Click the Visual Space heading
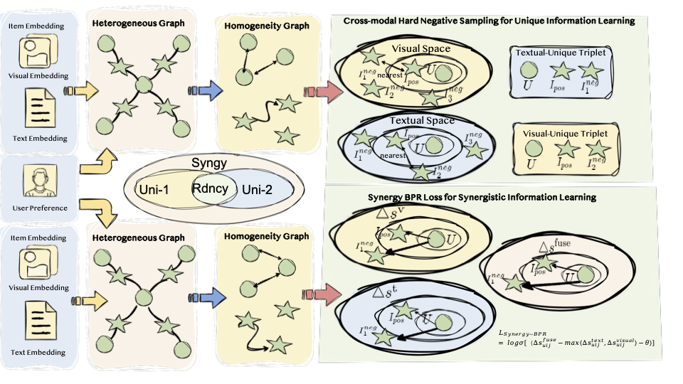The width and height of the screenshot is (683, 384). pyautogui.click(x=421, y=49)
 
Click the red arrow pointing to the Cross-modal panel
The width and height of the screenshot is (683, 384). pyautogui.click(x=314, y=91)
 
